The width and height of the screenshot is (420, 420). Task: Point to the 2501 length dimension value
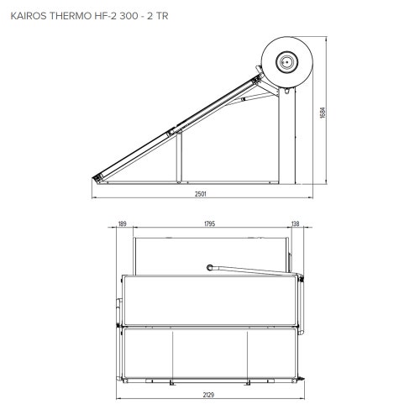pos(201,194)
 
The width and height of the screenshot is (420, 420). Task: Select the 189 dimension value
pos(123,223)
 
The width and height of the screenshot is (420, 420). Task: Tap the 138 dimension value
pos(295,223)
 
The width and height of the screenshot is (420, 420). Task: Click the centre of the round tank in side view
pos(286,60)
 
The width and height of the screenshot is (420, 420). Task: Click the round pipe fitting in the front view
pos(207,268)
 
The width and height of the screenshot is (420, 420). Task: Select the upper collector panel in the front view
pos(210,298)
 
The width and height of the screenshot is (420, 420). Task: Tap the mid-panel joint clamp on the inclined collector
pos(172,130)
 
